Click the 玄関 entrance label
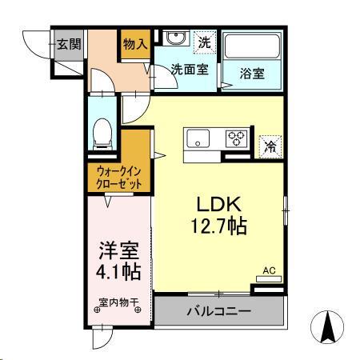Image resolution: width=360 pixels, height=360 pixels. tap(66, 45)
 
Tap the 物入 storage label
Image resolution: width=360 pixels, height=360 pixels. tap(134, 45)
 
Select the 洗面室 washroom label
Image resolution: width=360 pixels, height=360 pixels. tap(190, 69)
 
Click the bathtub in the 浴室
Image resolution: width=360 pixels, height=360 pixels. tap(250, 48)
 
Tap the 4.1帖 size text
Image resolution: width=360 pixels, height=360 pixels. tap(118, 272)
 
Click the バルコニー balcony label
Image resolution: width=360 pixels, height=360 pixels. tap(219, 310)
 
